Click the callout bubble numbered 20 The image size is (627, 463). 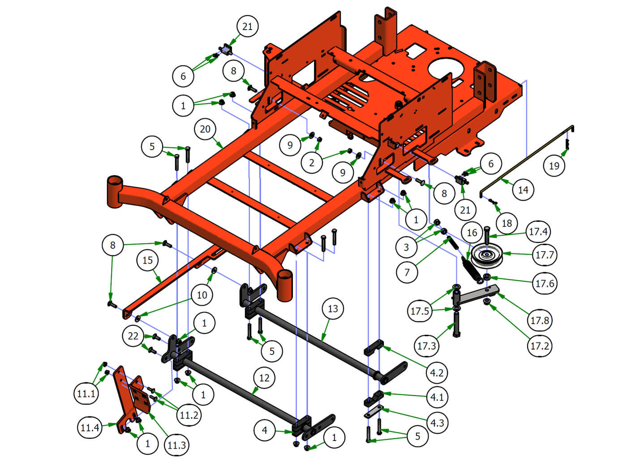tap(205, 129)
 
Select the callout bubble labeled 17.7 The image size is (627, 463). tap(545, 255)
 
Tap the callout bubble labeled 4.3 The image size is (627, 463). tap(437, 423)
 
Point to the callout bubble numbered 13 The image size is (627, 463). tap(333, 308)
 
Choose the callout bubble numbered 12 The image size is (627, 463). tap(264, 378)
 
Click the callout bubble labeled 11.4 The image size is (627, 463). tap(90, 428)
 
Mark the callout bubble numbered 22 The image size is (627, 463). tap(133, 336)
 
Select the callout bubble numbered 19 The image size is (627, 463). tap(554, 166)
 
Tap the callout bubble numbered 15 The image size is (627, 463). tap(147, 260)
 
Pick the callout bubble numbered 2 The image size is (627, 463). tap(312, 163)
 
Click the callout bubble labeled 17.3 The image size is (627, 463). tap(426, 346)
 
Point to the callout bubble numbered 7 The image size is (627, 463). tap(407, 272)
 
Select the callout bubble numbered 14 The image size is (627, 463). tap(523, 190)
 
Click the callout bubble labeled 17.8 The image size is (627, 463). tap(539, 320)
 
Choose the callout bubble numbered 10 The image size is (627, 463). tap(202, 295)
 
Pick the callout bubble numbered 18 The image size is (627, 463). tap(507, 223)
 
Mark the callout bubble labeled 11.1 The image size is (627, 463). tap(86, 394)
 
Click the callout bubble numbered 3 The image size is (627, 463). tap(406, 247)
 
